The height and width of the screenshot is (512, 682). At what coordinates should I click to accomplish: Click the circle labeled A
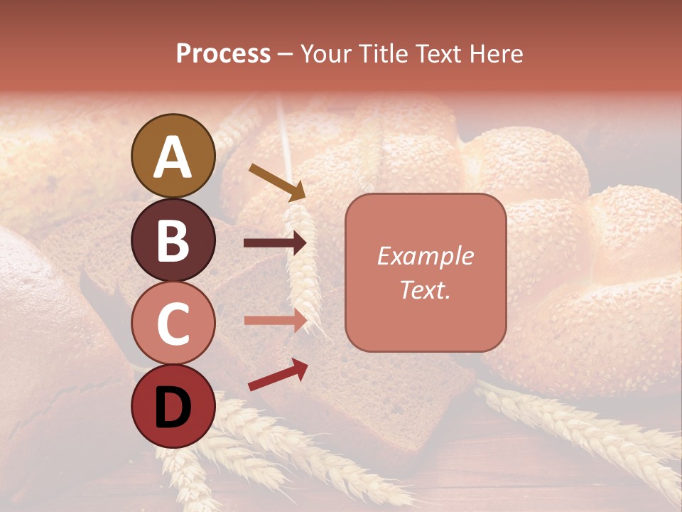[x=173, y=156]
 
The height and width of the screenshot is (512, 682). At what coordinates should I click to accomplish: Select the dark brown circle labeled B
[x=173, y=240]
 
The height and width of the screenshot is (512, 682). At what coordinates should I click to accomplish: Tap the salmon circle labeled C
[x=173, y=323]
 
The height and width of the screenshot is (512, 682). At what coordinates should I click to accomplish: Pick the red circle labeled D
[x=173, y=406]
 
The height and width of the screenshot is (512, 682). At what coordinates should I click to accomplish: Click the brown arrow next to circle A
[x=277, y=182]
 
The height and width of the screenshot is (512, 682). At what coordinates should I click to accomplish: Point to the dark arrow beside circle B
[x=275, y=243]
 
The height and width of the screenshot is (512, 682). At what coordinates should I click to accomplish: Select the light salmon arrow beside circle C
[x=275, y=320]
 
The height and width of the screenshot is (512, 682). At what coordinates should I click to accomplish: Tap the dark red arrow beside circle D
[x=278, y=375]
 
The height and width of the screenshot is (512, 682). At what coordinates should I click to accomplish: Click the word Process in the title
[x=223, y=54]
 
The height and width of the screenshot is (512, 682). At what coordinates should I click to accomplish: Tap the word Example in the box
[x=425, y=257]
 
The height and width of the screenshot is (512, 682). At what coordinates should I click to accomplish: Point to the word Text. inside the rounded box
[x=425, y=289]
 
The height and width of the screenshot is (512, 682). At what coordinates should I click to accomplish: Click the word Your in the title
[x=323, y=54]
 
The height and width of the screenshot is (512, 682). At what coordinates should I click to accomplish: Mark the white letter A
[x=173, y=157]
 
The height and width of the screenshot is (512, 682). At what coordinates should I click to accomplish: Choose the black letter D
[x=173, y=407]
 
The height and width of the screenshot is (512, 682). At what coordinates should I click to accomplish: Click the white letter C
[x=173, y=324]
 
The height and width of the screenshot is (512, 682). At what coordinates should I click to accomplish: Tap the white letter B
[x=173, y=240]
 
